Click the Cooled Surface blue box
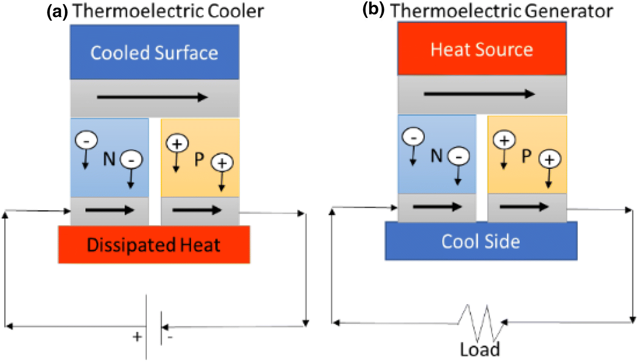click(x=154, y=52)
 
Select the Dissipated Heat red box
click(x=154, y=245)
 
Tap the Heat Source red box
click(x=481, y=49)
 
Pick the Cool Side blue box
click(x=481, y=241)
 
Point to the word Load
click(x=480, y=350)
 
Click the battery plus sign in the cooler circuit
click(x=137, y=337)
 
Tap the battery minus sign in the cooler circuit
click(x=170, y=337)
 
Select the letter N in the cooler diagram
click(x=109, y=159)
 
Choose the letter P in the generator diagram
click(x=526, y=156)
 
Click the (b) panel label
click(x=373, y=9)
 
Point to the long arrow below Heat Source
click(x=479, y=94)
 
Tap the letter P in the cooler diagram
click(x=199, y=159)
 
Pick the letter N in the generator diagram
click(x=437, y=156)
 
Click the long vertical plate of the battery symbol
click(x=147, y=327)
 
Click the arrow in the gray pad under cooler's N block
click(x=109, y=210)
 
